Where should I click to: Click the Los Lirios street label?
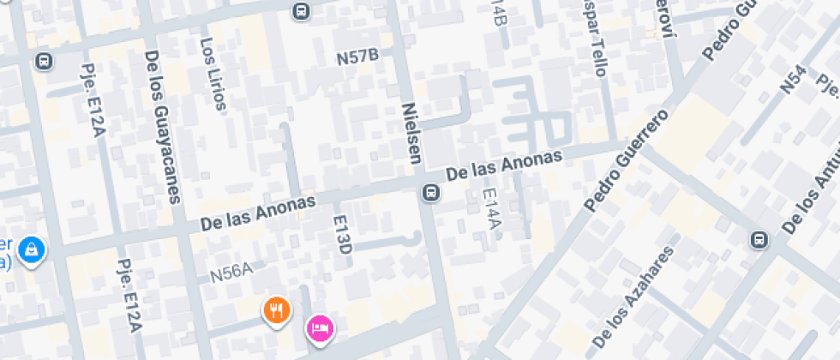pos(213,74)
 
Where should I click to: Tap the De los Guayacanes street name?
pos(162,127)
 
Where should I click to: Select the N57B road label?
pos(358,57)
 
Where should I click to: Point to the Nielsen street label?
pos(412,134)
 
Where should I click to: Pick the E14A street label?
pos(490,211)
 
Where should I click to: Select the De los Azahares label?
pos(635,300)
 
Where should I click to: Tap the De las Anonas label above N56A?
pos(258,211)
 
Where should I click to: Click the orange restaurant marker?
pos(275,309)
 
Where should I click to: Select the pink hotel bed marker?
pos(320,327)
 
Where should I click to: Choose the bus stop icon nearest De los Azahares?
pos(759,239)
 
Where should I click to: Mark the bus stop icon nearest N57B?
pos(300,11)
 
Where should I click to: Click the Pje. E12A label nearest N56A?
pos(128,296)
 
